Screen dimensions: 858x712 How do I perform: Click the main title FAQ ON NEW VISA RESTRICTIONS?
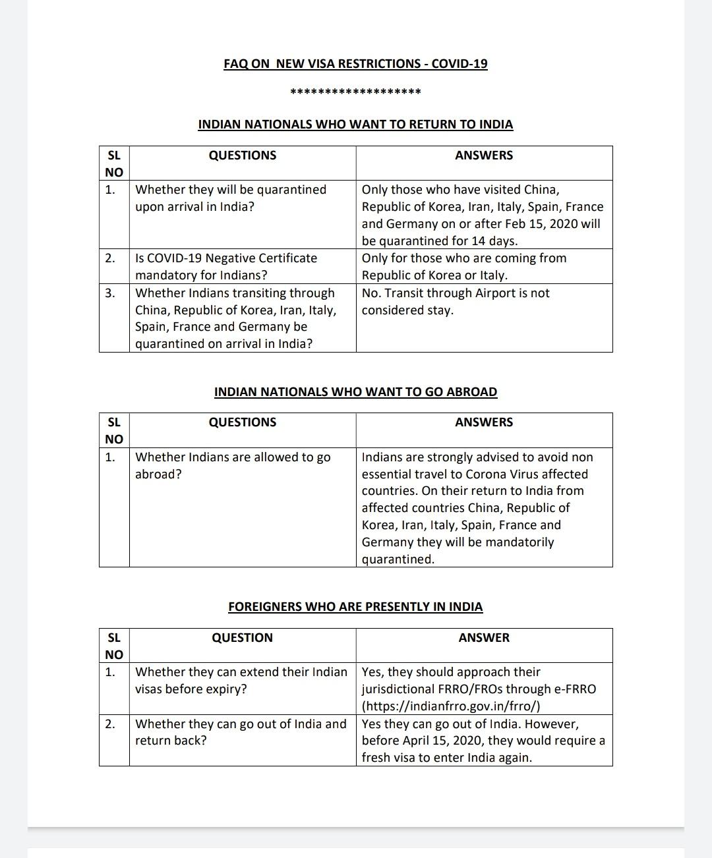355,64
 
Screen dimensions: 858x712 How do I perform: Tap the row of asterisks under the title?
355,92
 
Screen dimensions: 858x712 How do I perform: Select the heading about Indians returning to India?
355,125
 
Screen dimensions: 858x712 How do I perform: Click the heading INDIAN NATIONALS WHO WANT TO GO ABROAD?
355,392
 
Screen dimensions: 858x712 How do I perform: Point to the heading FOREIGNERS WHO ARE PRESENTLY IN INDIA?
355,607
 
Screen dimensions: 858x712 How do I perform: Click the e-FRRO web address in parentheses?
451,706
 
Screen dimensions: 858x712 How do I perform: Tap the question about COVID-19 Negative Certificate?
226,266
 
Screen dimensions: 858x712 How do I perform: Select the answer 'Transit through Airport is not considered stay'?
455,301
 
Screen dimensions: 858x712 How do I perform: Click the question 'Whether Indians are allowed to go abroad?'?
233,465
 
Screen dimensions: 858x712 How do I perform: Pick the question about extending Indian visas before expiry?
241,680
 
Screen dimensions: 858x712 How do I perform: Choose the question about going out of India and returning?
241,731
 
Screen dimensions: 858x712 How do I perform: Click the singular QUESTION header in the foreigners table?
242,638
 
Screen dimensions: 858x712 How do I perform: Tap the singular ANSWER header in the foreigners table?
484,638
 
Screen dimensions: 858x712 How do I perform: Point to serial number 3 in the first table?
109,293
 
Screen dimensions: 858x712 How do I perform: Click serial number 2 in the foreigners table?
109,724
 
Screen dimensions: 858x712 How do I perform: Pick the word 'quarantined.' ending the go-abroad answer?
398,559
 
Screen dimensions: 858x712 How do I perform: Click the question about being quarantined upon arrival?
231,198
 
